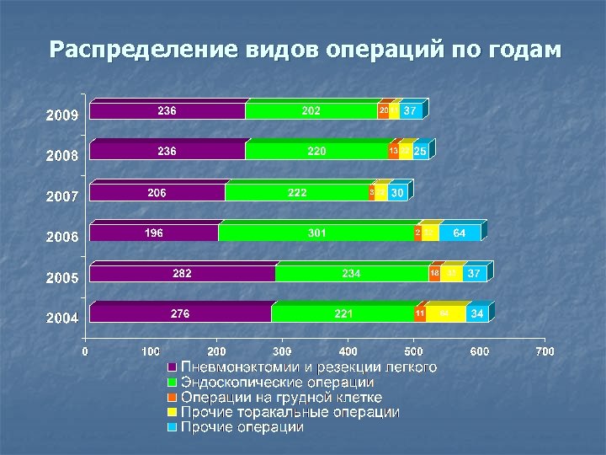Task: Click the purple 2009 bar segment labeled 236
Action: point(167,111)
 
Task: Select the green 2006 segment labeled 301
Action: point(316,233)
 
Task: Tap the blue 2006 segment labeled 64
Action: point(460,233)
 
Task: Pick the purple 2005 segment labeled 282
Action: point(182,273)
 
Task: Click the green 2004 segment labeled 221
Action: point(343,313)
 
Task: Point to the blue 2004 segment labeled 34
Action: point(476,313)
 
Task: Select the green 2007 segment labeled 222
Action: point(297,192)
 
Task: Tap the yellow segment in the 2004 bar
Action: point(445,313)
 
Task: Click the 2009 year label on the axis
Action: point(61,115)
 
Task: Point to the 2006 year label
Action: point(61,237)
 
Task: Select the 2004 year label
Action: point(61,318)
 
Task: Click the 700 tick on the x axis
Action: point(545,351)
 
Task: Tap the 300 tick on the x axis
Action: point(282,351)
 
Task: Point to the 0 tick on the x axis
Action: point(85,351)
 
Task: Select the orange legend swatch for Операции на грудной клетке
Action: point(171,398)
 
